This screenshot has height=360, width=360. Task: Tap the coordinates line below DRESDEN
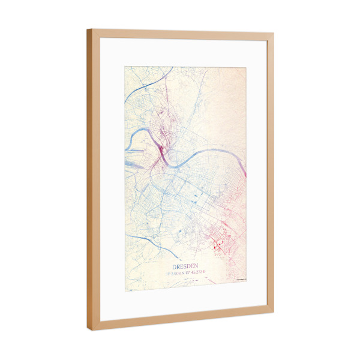point(186,273)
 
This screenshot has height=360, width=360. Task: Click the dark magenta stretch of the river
point(163,157)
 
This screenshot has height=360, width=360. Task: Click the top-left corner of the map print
point(125,67)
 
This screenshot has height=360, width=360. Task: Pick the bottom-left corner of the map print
point(125,290)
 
